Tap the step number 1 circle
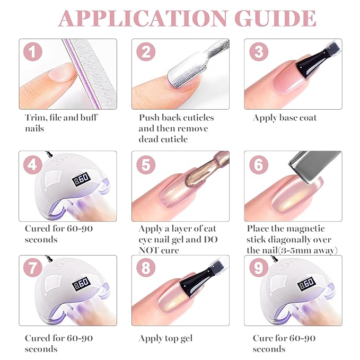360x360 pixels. pos(33,53)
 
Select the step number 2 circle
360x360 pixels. pos(146,53)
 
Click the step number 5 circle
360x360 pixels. pos(146,164)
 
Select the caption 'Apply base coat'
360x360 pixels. pos(284,118)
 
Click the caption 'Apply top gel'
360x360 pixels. pos(165,338)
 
